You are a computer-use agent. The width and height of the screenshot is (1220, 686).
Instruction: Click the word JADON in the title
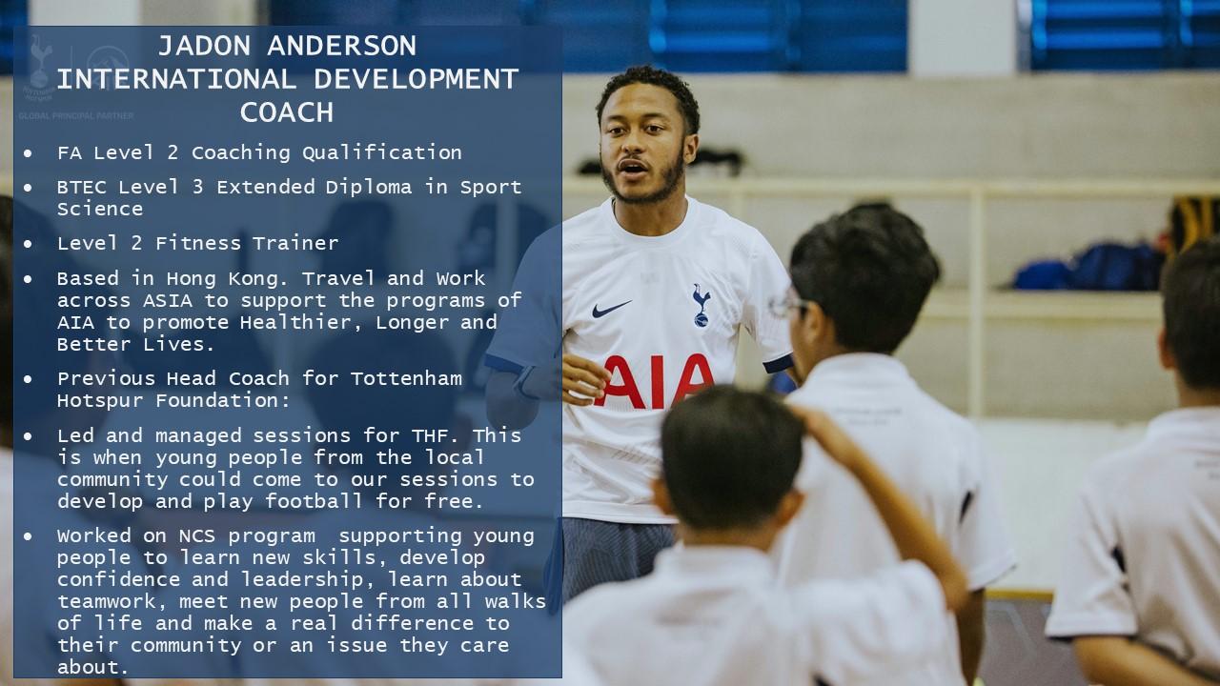(x=204, y=46)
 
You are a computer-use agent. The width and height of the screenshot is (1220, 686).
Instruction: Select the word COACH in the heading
(x=287, y=112)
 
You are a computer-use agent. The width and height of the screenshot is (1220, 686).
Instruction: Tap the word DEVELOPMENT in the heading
(x=417, y=79)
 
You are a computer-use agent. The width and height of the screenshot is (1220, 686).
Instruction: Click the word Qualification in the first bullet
(x=382, y=153)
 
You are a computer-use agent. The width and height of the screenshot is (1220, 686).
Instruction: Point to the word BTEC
(x=81, y=188)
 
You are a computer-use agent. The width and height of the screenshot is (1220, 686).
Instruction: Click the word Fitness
(x=197, y=243)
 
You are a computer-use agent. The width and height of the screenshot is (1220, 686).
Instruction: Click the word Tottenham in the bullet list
(x=406, y=378)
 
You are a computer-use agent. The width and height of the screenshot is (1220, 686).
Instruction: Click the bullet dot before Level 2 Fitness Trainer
(x=28, y=244)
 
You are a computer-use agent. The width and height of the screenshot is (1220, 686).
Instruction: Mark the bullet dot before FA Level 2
(x=28, y=153)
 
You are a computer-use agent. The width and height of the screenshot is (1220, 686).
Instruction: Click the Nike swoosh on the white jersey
(x=611, y=309)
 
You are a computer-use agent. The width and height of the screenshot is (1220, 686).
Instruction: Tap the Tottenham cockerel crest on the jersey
(x=701, y=306)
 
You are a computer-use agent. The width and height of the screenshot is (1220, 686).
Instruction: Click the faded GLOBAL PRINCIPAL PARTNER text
(x=76, y=116)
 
